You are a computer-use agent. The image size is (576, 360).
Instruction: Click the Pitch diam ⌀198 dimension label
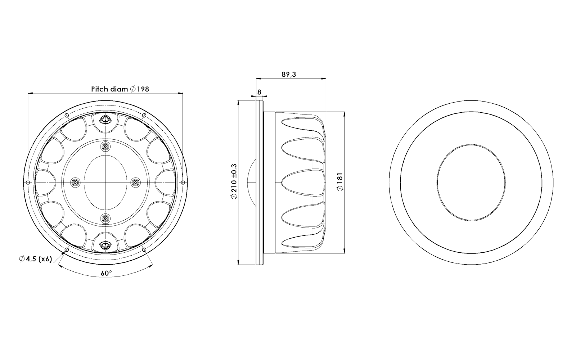point(120,89)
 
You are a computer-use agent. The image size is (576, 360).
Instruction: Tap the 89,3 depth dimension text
point(289,74)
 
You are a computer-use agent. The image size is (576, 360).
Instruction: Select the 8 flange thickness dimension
point(259,92)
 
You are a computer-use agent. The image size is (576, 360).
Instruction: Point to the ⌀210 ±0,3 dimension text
point(234,181)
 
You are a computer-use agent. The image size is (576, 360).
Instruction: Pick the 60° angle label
point(106,273)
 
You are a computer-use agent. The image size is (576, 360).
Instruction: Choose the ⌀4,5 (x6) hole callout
point(36,259)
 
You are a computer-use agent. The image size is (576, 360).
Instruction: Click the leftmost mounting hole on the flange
point(28,183)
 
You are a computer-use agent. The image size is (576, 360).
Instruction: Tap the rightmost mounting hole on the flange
point(183,183)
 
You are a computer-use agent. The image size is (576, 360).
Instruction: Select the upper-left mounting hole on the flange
point(67,116)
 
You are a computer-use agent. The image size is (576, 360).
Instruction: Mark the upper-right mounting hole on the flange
point(144,116)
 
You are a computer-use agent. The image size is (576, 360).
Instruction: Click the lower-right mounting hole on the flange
point(144,249)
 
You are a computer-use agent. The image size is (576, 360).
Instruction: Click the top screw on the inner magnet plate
point(105,147)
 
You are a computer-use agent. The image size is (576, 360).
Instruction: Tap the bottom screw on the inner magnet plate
point(105,218)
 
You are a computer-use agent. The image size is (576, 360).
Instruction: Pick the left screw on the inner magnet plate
point(75,183)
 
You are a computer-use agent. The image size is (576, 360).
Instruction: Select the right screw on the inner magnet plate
point(135,183)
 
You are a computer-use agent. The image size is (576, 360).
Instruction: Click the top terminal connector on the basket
point(105,119)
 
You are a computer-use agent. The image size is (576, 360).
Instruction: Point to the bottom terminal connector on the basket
point(105,246)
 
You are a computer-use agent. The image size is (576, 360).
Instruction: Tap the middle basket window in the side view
point(302,182)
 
